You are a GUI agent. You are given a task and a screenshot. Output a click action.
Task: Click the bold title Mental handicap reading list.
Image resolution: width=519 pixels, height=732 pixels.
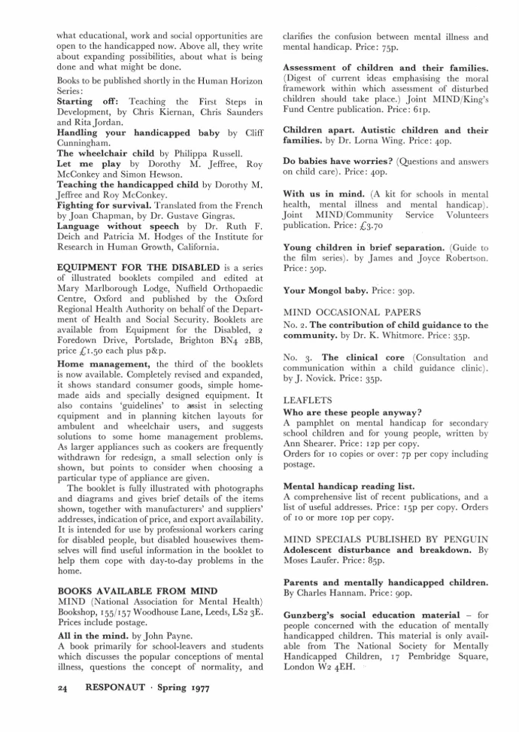[348, 486]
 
